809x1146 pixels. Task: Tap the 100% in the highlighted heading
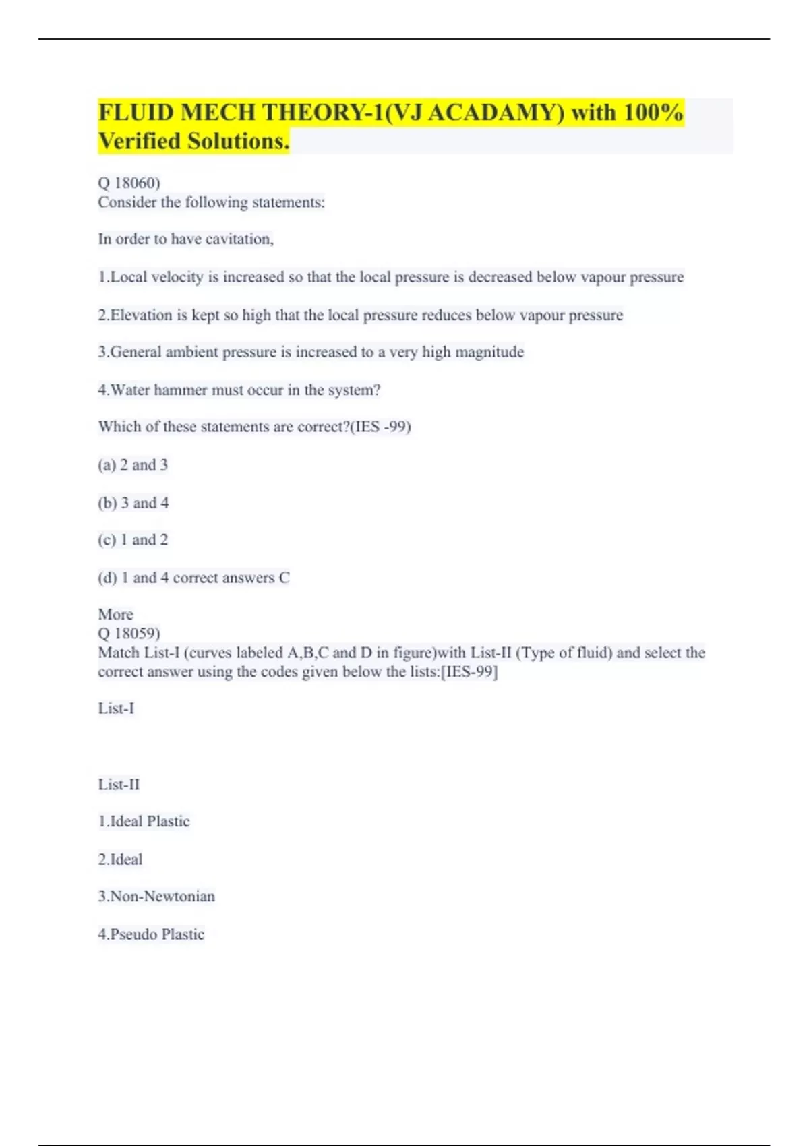[653, 113]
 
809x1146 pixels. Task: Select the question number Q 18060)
[129, 183]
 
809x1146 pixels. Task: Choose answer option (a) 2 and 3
[133, 464]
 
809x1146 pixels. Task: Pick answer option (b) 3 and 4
[133, 503]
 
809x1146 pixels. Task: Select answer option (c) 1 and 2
[133, 540]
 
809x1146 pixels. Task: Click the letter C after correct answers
[284, 578]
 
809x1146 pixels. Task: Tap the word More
[116, 614]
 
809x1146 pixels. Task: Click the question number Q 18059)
[129, 633]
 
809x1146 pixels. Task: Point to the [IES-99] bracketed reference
[469, 671]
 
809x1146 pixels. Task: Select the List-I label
[116, 708]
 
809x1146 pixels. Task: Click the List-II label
[119, 785]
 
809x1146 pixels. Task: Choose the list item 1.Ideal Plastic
[144, 821]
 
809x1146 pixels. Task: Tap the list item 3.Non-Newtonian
[156, 896]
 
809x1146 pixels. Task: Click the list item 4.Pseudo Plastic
[151, 934]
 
